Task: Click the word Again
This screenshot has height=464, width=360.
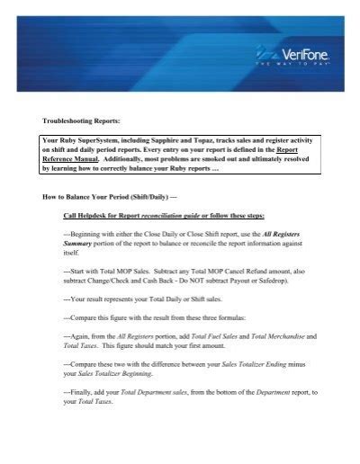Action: (x=83, y=335)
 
